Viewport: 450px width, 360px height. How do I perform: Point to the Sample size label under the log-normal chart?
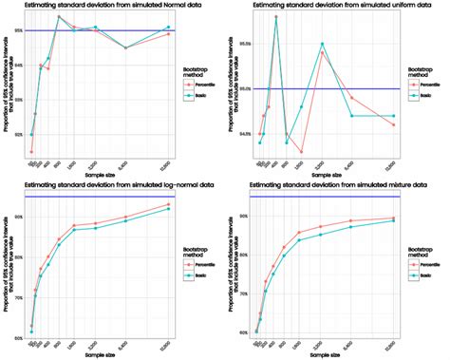tap(101, 354)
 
